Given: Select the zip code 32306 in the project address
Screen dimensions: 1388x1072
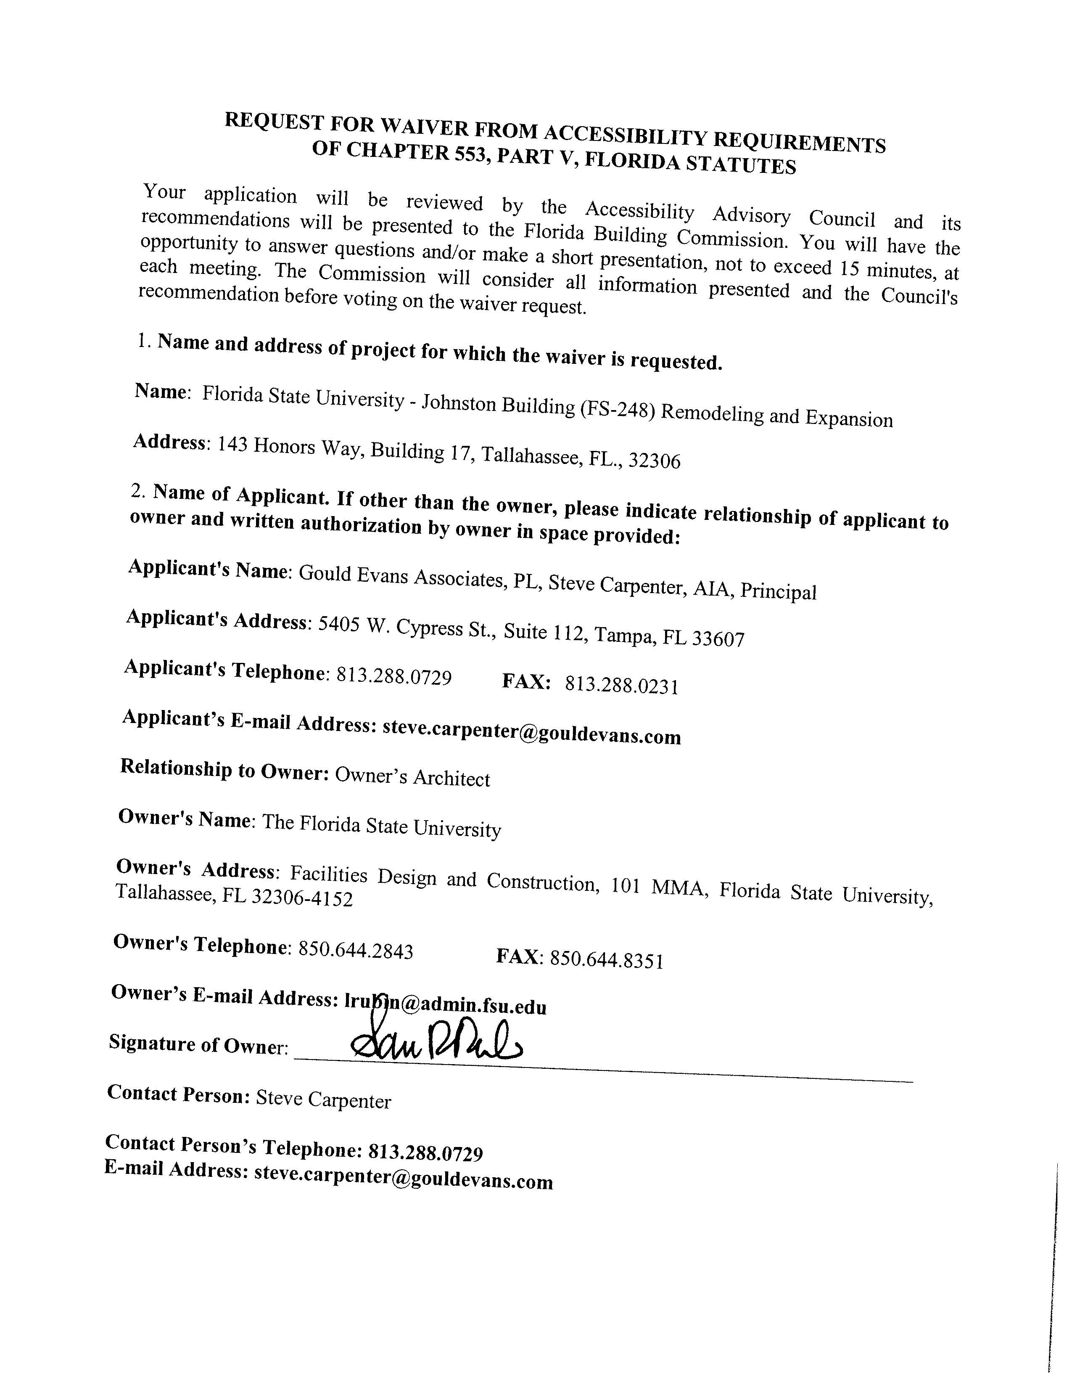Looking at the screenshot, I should [x=654, y=460].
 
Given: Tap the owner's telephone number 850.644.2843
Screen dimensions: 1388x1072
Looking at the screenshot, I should [x=356, y=951].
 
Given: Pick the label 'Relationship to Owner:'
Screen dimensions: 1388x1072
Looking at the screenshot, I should [x=224, y=770].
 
